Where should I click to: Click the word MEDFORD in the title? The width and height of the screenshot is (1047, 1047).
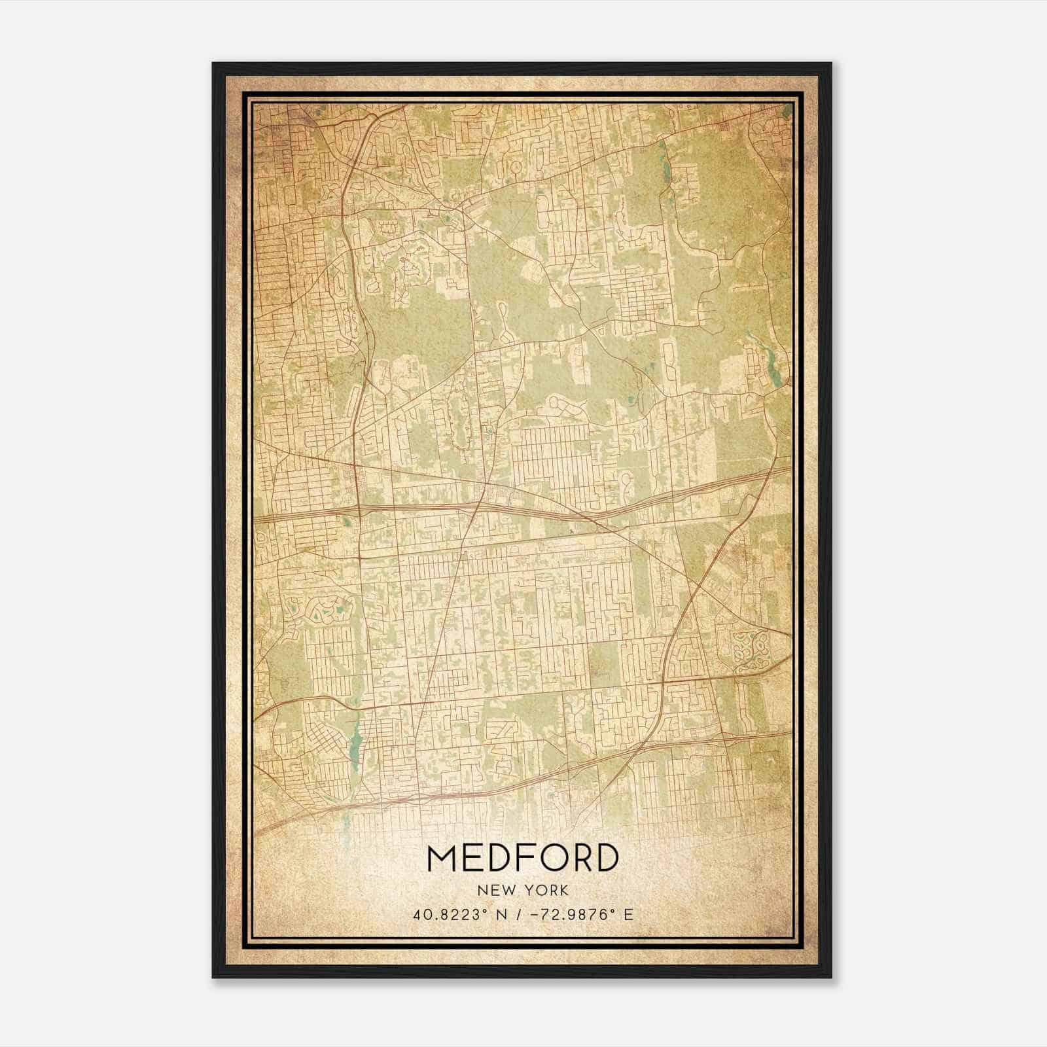pyautogui.click(x=522, y=858)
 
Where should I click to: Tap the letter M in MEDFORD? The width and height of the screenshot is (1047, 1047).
pyautogui.click(x=443, y=858)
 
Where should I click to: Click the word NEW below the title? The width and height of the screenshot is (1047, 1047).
pyautogui.click(x=493, y=890)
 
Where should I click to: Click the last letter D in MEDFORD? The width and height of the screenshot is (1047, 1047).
pyautogui.click(x=607, y=858)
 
